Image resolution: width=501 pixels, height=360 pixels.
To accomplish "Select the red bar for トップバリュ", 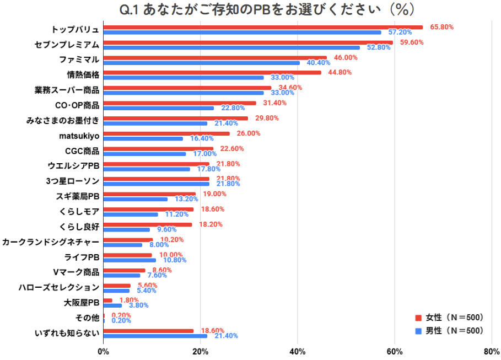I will [x=263, y=27].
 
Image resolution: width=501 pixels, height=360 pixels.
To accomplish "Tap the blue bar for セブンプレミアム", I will [x=231, y=47].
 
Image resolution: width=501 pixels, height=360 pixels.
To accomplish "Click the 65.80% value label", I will [x=438, y=27].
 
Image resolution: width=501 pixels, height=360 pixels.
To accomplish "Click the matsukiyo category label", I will [x=79, y=136].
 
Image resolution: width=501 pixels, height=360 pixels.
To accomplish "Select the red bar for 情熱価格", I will [x=212, y=72].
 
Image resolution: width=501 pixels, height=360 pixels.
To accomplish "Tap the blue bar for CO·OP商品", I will [x=159, y=108].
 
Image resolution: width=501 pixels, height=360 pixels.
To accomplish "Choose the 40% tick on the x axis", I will [x=298, y=351].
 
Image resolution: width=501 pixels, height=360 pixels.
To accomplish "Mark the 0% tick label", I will [x=103, y=351].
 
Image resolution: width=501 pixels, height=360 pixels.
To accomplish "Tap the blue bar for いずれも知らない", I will [x=155, y=336].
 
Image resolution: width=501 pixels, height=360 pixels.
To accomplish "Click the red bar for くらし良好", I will [x=148, y=224].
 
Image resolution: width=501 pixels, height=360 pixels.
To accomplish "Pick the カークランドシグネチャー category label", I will [x=51, y=241].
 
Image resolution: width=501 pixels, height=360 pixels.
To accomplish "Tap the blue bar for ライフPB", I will [x=130, y=260].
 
